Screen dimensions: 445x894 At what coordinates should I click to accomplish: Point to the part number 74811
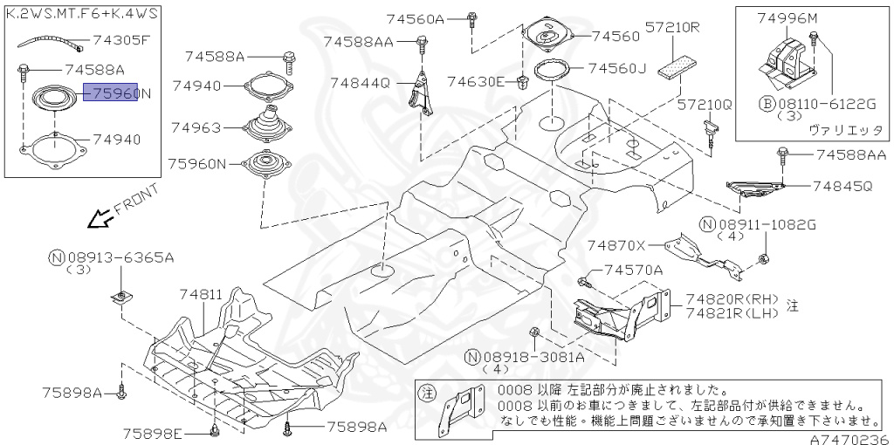(x=202, y=296)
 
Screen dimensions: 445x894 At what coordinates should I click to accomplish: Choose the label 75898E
(x=152, y=433)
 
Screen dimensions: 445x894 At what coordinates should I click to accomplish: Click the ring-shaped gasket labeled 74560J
(x=547, y=70)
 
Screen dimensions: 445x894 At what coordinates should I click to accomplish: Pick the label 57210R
(x=673, y=27)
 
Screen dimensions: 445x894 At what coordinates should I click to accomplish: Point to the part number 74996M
(x=787, y=17)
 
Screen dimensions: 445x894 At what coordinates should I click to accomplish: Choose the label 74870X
(x=615, y=246)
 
